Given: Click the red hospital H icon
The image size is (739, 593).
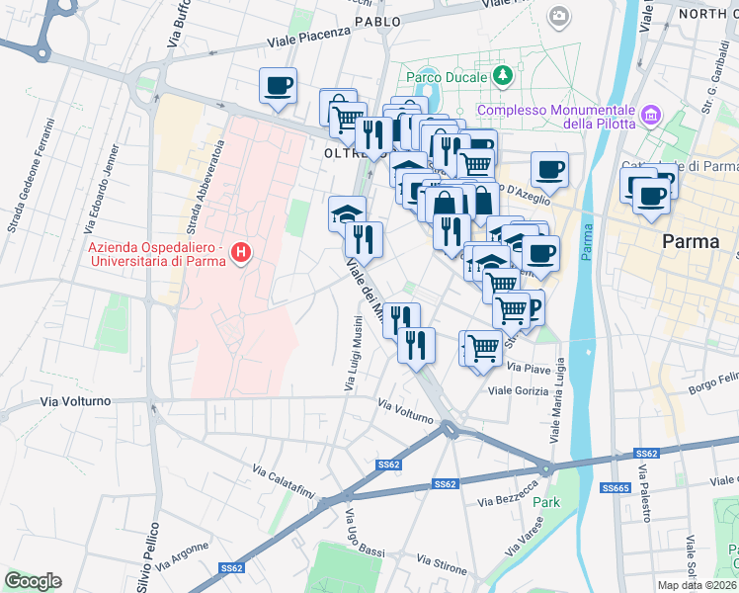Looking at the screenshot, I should [239, 255].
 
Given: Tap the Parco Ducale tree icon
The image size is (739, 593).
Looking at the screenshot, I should [504, 75].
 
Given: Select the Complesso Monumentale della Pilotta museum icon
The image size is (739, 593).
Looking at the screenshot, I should [650, 117].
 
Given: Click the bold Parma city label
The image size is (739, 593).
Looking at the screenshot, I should [690, 242].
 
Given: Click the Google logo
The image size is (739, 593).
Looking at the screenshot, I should [33, 581].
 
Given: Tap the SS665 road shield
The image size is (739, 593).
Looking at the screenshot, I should [616, 488].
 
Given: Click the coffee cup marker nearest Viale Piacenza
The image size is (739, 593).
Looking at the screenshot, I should [278, 85].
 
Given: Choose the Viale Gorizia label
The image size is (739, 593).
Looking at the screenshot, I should [519, 391].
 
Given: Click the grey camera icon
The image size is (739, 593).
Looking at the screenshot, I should [560, 15].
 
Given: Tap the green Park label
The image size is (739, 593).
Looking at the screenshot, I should [546, 502].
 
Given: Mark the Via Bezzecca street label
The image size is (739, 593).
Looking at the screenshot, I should [508, 495].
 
